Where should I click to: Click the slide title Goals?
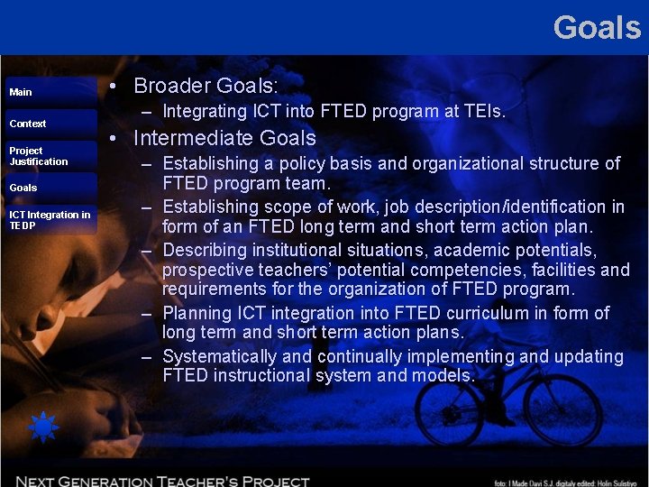[597, 27]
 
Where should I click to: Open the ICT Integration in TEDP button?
[50, 220]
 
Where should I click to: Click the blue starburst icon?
[42, 426]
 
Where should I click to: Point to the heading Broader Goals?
[206, 86]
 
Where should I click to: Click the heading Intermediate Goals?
[224, 138]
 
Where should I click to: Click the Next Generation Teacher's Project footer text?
[162, 481]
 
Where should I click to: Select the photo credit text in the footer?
[566, 482]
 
